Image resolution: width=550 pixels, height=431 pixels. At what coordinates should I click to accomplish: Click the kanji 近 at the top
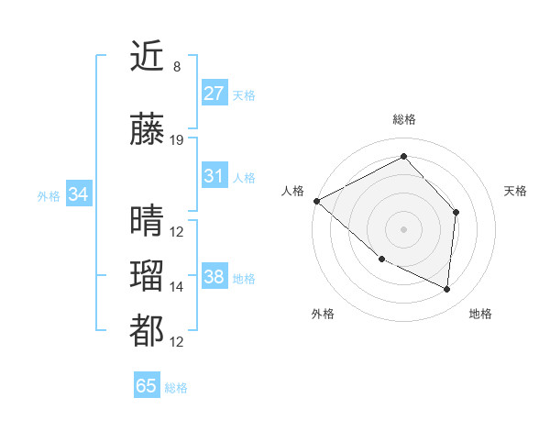pyautogui.click(x=148, y=59)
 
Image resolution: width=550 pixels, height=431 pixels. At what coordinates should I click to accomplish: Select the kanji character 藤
pyautogui.click(x=148, y=131)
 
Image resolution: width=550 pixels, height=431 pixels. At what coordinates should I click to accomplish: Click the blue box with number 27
pyautogui.click(x=214, y=94)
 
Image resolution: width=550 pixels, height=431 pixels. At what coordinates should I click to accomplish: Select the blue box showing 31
pyautogui.click(x=214, y=176)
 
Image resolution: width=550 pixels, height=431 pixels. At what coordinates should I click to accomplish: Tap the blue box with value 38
pyautogui.click(x=214, y=277)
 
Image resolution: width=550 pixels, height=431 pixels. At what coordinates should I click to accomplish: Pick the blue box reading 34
pyautogui.click(x=78, y=194)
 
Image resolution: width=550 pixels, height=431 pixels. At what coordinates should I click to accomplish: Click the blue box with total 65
pyautogui.click(x=147, y=386)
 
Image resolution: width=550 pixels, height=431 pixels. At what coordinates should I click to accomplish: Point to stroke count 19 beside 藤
pyautogui.click(x=177, y=140)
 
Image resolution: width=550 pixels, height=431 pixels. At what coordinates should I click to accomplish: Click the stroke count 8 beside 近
pyautogui.click(x=176, y=67)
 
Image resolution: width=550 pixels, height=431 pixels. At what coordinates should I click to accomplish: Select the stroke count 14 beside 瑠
pyautogui.click(x=177, y=287)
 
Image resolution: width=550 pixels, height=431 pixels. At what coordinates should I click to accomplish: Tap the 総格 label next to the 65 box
pyautogui.click(x=176, y=388)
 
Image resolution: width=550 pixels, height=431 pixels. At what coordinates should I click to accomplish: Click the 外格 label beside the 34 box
pyautogui.click(x=49, y=195)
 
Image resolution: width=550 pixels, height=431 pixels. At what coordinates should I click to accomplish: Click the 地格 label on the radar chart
pyautogui.click(x=480, y=314)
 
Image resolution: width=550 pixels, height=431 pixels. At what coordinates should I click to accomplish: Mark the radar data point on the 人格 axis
pyautogui.click(x=316, y=200)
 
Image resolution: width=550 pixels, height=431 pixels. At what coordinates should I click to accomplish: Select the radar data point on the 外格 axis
pyautogui.click(x=381, y=259)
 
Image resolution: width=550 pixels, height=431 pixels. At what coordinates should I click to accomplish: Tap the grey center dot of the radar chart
pyautogui.click(x=403, y=228)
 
